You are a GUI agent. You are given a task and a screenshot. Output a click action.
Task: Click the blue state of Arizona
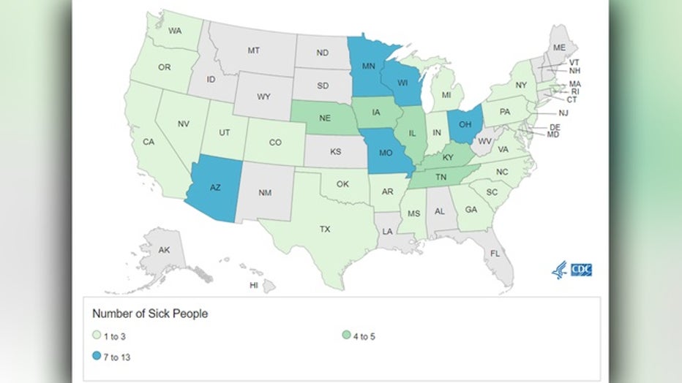[214, 189]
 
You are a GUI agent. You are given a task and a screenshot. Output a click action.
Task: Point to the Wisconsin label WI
[402, 83]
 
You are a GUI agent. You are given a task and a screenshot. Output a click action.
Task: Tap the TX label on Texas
[324, 229]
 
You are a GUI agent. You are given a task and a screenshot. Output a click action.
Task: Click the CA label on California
[148, 142]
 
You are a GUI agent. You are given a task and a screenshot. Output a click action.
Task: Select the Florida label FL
[495, 254]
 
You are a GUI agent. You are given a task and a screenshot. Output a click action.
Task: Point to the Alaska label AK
[165, 250]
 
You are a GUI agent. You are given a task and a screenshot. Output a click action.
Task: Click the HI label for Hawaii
[254, 285]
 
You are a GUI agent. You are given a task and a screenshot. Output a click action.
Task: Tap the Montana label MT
[254, 50]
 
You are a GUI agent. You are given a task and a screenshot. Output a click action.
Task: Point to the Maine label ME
[559, 47]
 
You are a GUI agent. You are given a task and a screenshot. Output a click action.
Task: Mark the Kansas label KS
[336, 152]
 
